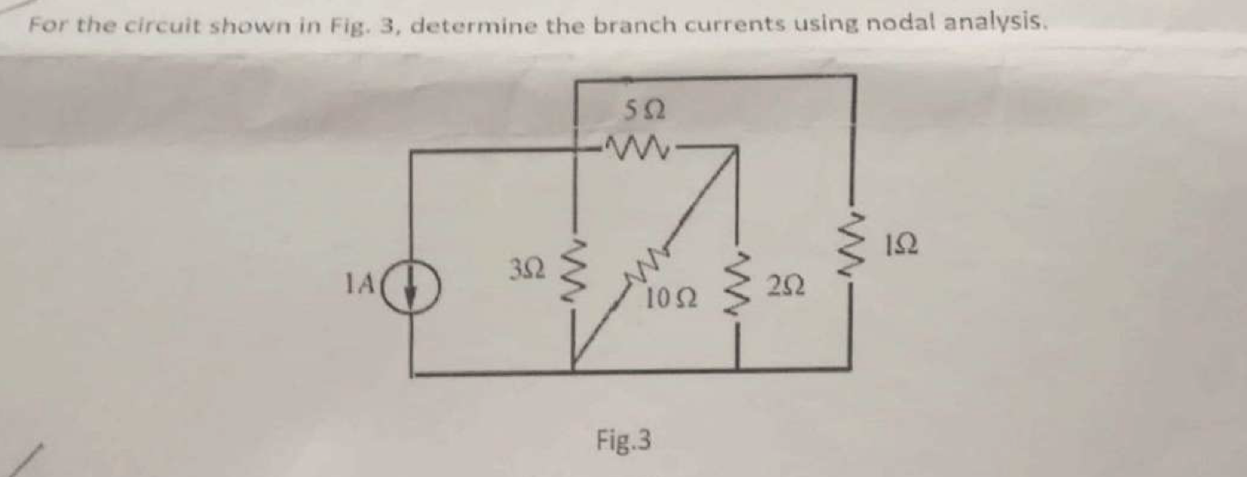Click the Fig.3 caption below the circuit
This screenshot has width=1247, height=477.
[623, 440]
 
